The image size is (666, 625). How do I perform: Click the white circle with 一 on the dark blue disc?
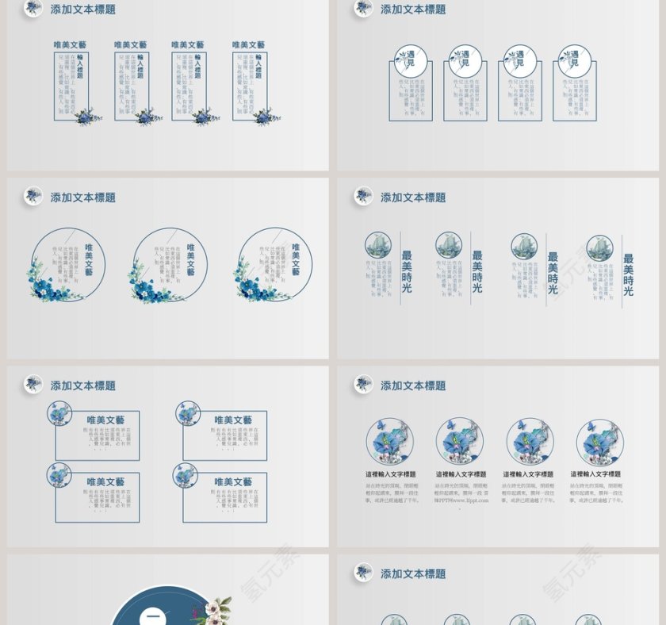153,617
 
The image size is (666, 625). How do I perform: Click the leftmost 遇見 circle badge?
411,61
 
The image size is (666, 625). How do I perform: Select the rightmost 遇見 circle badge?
575,61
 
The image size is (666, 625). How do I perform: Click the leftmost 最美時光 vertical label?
407,271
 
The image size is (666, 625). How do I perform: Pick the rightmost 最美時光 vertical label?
628,274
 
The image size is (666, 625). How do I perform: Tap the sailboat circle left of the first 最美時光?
378,246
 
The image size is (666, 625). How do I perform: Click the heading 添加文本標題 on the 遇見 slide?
413,10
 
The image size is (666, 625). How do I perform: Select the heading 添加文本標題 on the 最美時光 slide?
413,197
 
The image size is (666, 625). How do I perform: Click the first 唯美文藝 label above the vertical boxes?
71,45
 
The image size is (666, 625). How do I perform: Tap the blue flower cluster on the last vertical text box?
265,117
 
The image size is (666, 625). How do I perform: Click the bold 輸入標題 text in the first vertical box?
80,67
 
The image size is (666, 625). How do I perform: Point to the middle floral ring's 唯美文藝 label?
190,259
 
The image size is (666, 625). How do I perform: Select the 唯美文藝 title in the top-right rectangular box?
233,420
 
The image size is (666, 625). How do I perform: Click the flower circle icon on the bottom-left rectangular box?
59,475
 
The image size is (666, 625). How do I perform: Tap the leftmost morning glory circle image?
389,442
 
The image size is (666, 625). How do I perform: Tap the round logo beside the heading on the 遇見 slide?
363,8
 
